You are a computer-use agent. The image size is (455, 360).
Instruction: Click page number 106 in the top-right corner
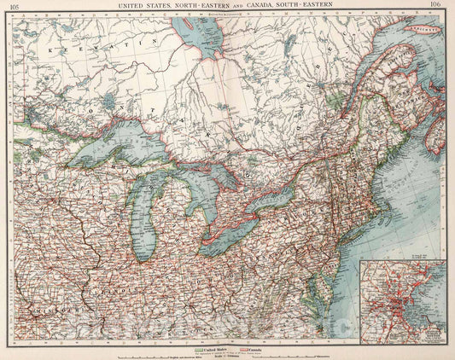(438, 6)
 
